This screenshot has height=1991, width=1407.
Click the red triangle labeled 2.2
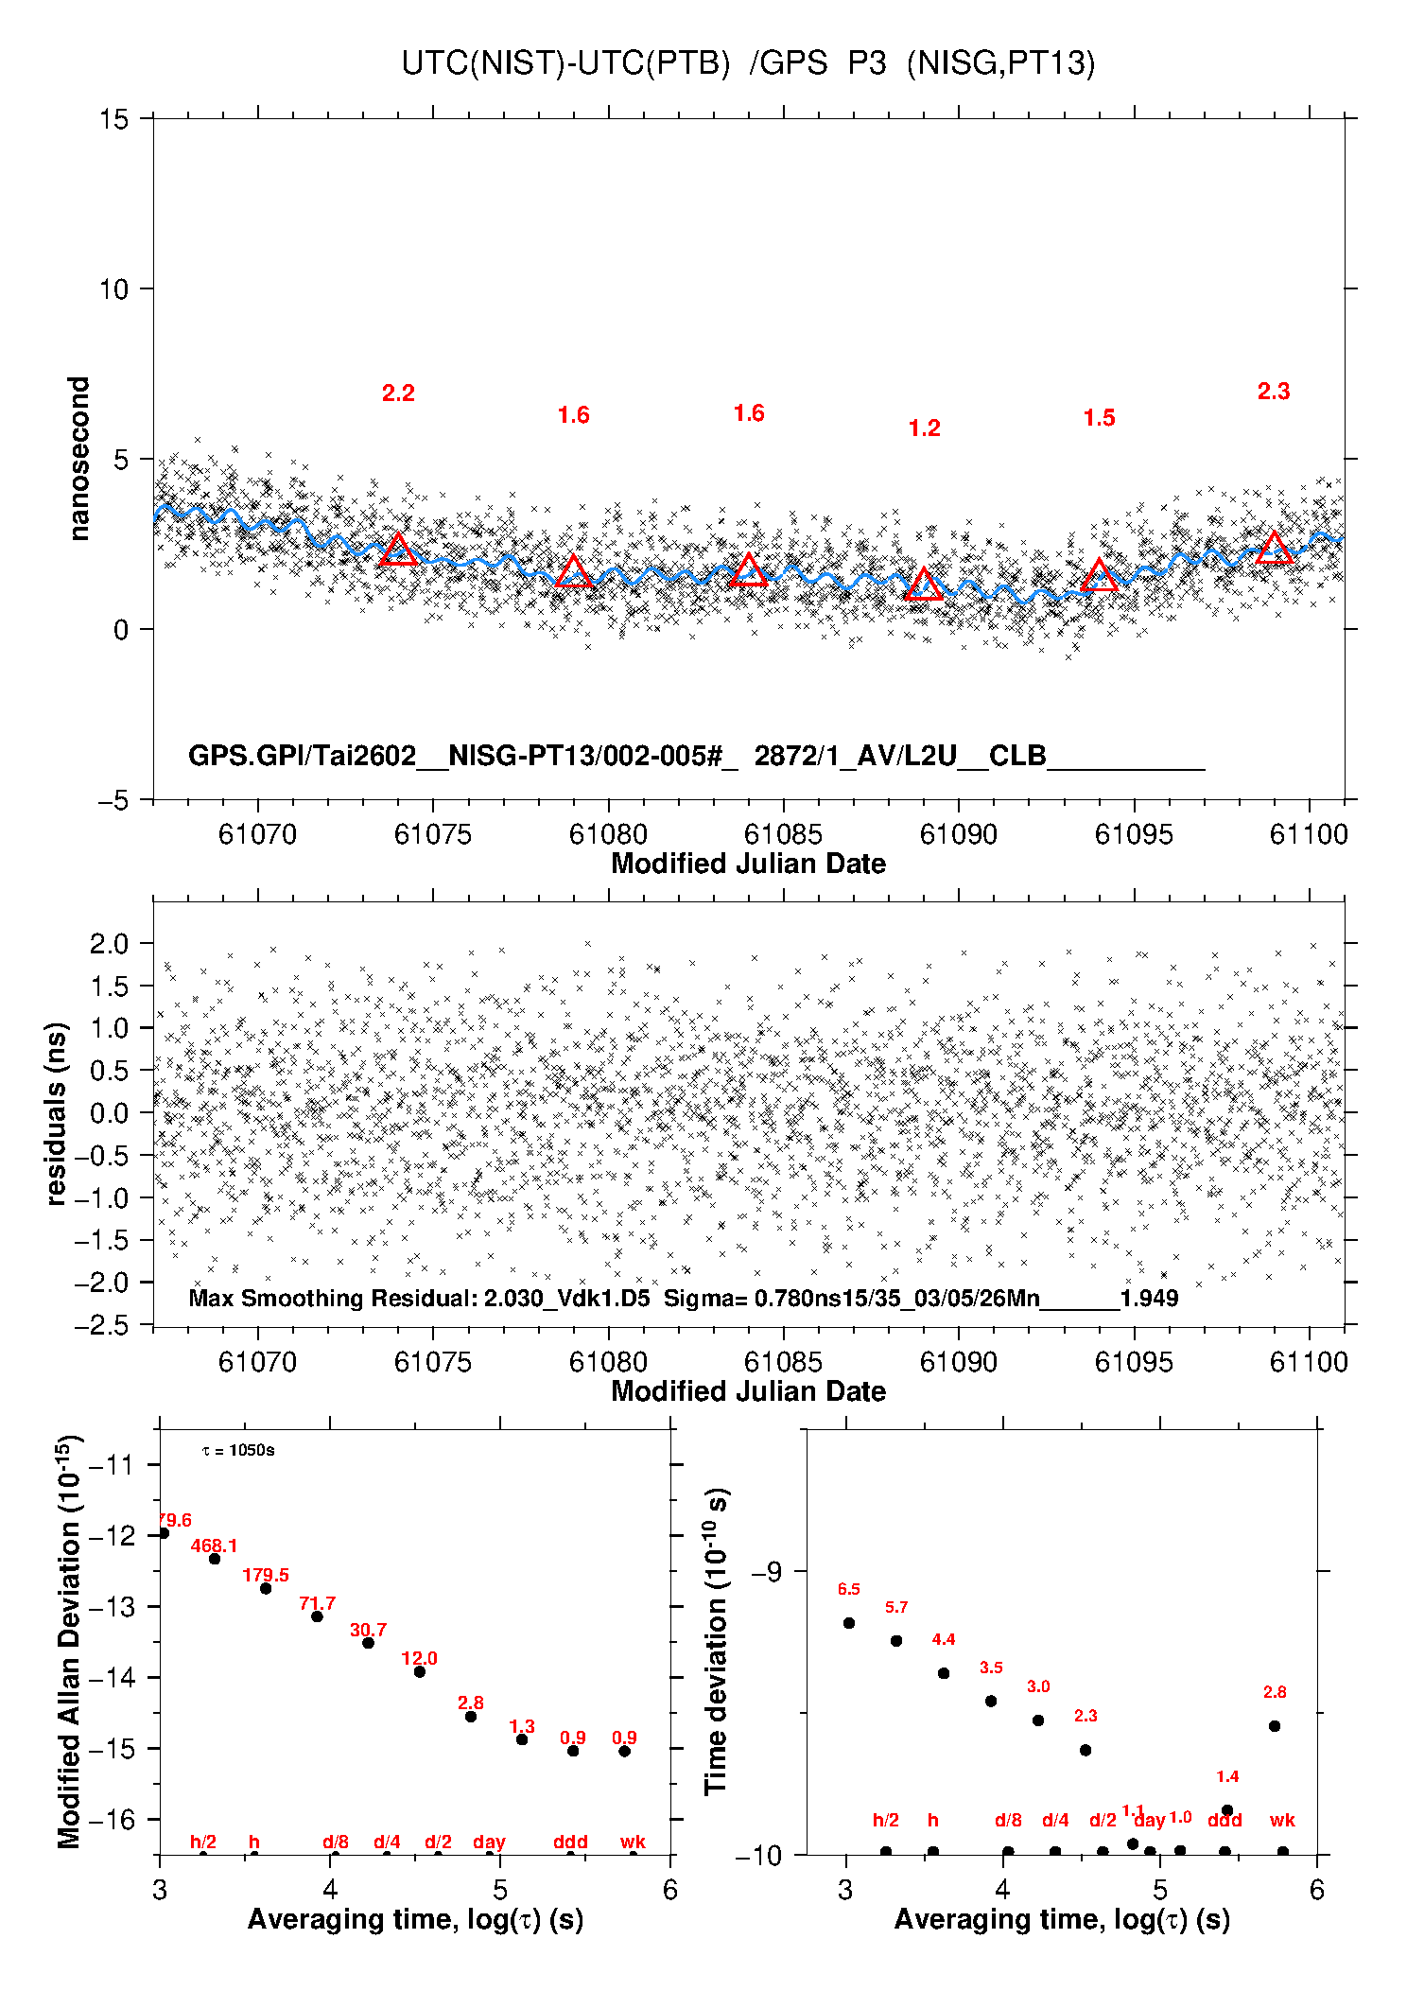tap(398, 550)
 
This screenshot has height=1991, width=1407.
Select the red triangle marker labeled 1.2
tap(924, 585)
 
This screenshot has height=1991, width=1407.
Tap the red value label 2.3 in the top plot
tap(1273, 391)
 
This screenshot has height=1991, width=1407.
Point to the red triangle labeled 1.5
tap(1099, 575)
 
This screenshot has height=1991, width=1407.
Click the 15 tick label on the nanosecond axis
tap(113, 119)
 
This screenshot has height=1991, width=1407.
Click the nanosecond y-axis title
tap(78, 459)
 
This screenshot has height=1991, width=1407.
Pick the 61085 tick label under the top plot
tap(783, 834)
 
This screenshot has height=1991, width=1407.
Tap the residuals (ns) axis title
tap(57, 1113)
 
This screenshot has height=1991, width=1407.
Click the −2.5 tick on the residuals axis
tap(104, 1325)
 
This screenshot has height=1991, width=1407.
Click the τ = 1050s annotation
tap(238, 1451)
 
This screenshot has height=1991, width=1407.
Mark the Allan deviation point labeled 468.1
tap(215, 1559)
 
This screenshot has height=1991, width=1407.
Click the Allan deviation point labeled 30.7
tap(368, 1643)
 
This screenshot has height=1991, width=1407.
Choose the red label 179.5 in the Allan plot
tap(266, 1575)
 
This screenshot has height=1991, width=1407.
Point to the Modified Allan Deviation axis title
tap(68, 1642)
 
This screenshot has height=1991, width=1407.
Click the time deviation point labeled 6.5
tap(848, 1623)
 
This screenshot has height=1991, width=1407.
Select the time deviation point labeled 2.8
tap(1274, 1726)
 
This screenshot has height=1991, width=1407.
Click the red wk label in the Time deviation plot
tap(1282, 1820)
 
